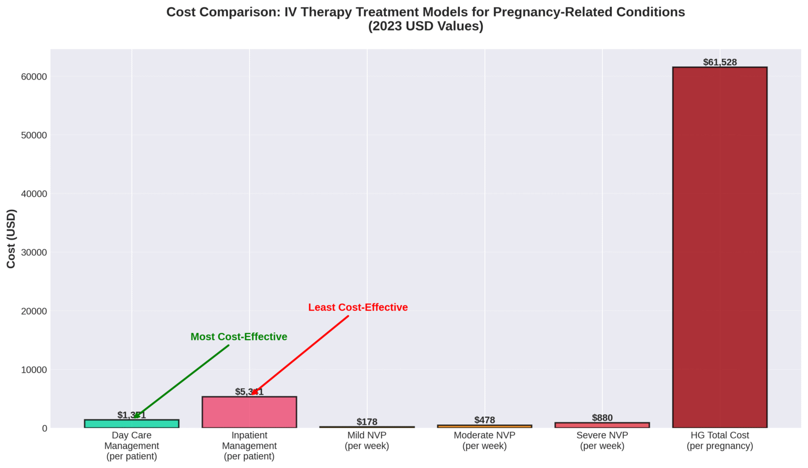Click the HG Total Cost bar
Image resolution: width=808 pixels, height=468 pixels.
[720, 247]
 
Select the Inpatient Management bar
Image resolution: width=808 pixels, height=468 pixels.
[249, 412]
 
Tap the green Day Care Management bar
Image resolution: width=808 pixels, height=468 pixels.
[132, 424]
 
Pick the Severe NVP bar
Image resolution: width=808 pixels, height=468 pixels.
[602, 425]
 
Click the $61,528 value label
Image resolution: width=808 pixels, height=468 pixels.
[720, 62]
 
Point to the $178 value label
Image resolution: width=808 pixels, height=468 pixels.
[367, 422]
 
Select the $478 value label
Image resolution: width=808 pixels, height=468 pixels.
[484, 420]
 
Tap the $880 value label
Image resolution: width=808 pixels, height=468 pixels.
[602, 418]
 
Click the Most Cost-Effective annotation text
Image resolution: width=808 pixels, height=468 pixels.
[239, 337]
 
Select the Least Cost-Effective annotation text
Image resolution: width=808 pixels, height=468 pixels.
[358, 307]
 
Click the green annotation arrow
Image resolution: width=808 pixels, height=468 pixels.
[181, 382]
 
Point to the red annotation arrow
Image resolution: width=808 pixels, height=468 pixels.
[300, 355]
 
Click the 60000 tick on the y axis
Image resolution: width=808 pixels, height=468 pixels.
[34, 77]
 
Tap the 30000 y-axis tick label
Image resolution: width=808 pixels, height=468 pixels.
[34, 252]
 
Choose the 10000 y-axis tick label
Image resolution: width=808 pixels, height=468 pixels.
[34, 370]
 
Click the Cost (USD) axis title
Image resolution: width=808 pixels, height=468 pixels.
[12, 238]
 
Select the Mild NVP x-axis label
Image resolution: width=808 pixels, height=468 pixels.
[367, 441]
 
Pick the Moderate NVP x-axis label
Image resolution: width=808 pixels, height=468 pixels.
[484, 441]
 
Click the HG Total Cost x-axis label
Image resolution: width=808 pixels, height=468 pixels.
[720, 441]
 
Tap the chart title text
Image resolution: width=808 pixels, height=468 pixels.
[426, 19]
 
